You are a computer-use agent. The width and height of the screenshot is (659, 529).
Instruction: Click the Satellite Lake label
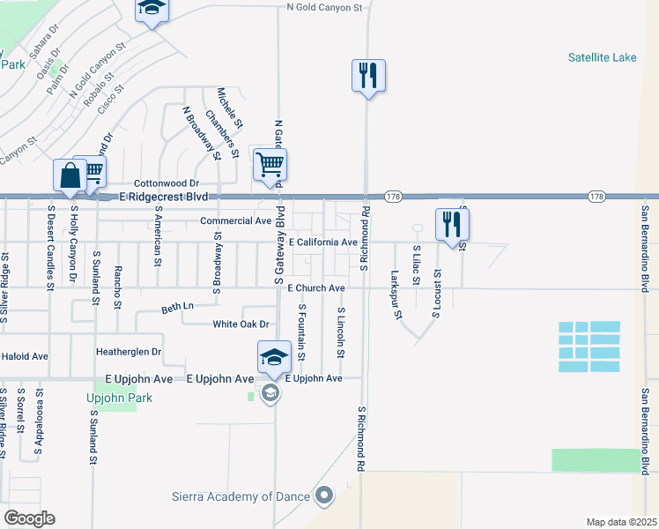coord(603,58)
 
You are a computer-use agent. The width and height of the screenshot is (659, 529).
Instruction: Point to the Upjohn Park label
coord(119,398)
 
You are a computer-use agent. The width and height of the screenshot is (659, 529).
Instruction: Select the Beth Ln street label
coord(176,308)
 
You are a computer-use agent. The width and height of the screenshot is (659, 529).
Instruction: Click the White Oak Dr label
coord(241,324)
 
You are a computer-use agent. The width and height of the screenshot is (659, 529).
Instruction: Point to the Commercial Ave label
coord(235,220)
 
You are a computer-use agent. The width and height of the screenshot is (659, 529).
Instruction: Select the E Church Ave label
coord(315,288)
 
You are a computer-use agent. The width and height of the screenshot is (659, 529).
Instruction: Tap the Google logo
coord(29,518)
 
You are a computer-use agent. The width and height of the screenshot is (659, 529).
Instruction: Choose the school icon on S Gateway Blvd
coord(273,357)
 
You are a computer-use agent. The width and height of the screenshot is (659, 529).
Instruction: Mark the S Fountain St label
coord(301,332)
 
